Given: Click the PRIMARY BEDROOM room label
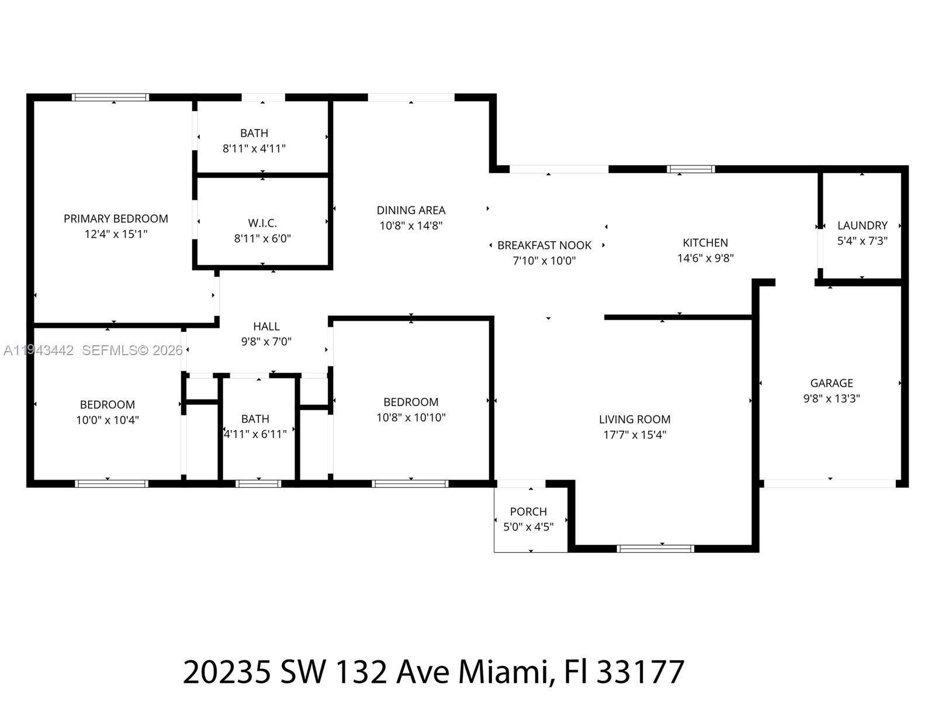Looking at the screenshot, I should point(116,218).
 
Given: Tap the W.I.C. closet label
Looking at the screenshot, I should point(262,223).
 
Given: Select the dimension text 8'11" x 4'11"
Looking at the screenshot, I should point(254,148).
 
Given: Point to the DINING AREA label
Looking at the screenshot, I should point(411,210).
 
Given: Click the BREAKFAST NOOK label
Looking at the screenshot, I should point(544,245).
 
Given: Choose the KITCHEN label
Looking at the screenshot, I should point(705,242).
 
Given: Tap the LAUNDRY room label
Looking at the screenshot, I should point(862,225).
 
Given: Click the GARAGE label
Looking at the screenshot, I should point(832,383).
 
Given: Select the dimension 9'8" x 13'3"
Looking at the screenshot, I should point(832,398).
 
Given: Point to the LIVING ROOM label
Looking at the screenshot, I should point(635,419).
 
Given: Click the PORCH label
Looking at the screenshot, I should point(528,512).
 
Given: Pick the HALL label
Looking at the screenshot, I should point(266,327).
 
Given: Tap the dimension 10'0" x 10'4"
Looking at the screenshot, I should point(108,420).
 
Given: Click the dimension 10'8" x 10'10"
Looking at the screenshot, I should point(411,418).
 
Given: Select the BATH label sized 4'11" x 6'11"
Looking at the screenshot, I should point(255,419).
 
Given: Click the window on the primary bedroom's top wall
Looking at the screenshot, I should point(110,98).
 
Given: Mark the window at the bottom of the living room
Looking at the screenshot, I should point(655,549).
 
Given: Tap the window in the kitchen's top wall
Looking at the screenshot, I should point(691,169).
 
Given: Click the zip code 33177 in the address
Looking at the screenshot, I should point(640,672).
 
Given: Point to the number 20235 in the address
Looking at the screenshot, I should point(227,672).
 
